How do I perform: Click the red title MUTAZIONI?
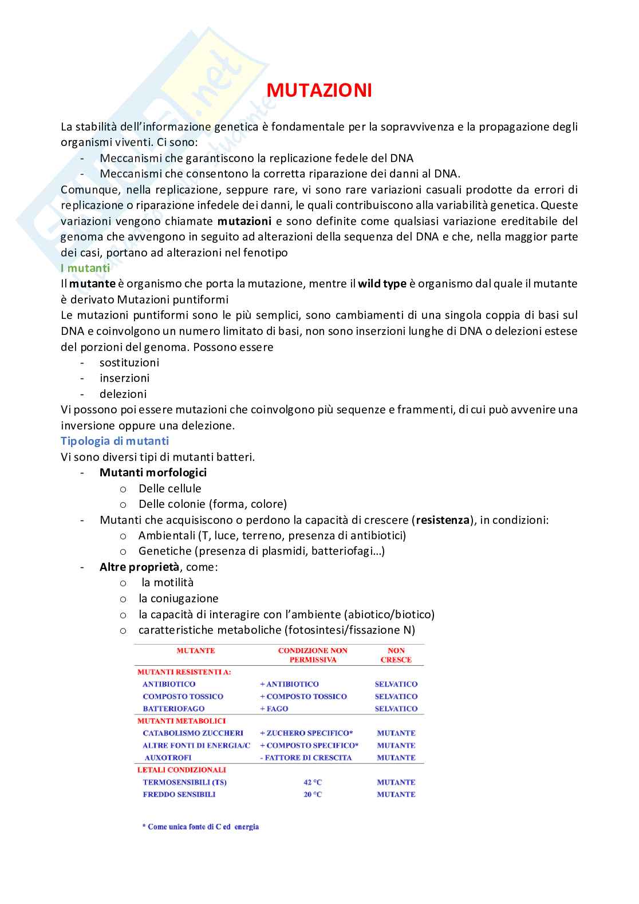click(x=319, y=90)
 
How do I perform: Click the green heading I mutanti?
click(x=85, y=268)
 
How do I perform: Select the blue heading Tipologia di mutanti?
click(x=115, y=441)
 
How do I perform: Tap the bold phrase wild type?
click(x=382, y=283)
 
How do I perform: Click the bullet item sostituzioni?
click(x=129, y=362)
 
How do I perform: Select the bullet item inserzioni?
click(x=124, y=378)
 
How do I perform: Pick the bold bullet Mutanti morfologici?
click(x=153, y=472)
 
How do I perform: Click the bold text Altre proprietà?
click(x=139, y=567)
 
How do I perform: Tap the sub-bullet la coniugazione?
click(x=178, y=598)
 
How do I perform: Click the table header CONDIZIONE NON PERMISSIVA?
click(x=313, y=655)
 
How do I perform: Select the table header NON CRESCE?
click(x=396, y=655)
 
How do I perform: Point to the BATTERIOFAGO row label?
click(x=173, y=709)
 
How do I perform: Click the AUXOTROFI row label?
click(x=168, y=757)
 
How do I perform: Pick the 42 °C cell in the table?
click(x=313, y=782)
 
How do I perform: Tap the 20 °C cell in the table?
click(x=313, y=794)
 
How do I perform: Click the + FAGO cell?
click(x=274, y=709)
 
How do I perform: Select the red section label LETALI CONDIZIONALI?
click(x=182, y=770)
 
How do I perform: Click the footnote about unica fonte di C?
click(x=200, y=827)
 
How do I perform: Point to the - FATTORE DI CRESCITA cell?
click(x=306, y=757)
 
